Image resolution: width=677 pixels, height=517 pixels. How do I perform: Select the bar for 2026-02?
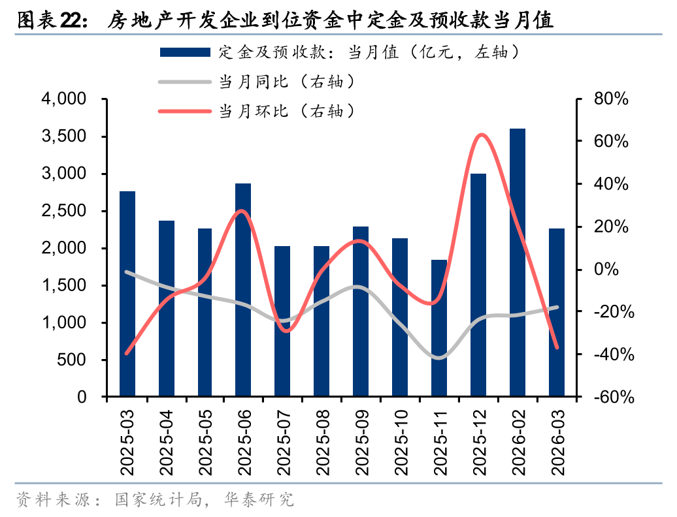click(x=518, y=262)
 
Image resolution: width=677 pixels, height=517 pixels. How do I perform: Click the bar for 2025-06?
click(x=243, y=290)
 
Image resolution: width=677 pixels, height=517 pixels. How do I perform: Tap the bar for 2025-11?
click(x=439, y=328)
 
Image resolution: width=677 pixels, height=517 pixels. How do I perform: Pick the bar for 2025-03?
click(x=127, y=294)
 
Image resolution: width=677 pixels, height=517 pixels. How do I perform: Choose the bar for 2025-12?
click(x=478, y=285)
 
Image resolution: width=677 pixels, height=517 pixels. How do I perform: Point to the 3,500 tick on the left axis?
click(x=64, y=136)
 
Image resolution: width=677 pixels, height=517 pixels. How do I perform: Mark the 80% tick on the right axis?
click(x=612, y=99)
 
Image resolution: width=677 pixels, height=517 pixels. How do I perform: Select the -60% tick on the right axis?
click(x=612, y=397)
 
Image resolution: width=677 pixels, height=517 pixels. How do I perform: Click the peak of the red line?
click(x=482, y=134)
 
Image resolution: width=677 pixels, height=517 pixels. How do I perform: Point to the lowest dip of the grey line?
click(x=438, y=358)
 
